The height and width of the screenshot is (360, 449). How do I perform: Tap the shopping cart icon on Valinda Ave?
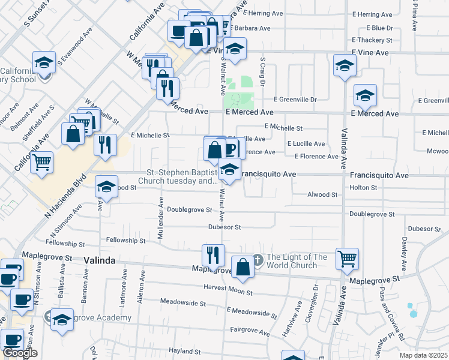pyautogui.click(x=347, y=259)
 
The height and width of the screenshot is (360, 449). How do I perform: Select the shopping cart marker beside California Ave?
pyautogui.click(x=41, y=162)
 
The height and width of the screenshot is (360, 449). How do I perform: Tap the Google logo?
pyautogui.click(x=20, y=353)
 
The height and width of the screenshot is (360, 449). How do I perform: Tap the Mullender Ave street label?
pyautogui.click(x=161, y=218)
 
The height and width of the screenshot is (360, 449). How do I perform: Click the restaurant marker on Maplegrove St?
pyautogui.click(x=213, y=256)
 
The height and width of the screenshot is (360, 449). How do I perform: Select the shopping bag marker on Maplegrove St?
pyautogui.click(x=243, y=268)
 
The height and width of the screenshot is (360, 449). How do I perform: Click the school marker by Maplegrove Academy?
pyautogui.click(x=62, y=320)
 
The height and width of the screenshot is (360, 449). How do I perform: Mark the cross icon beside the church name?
pyautogui.click(x=258, y=260)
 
